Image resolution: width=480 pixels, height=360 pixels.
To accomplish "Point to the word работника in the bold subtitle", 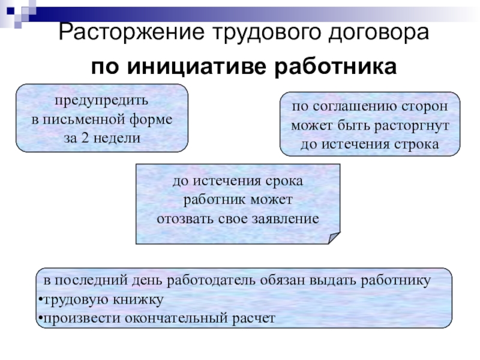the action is pos(336,67).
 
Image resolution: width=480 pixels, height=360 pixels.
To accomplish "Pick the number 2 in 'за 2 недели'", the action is pos(85,137).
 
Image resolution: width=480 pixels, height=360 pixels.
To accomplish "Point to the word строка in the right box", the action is pos(419,145).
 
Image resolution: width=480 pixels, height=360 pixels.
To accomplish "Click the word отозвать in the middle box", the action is pos(180,218).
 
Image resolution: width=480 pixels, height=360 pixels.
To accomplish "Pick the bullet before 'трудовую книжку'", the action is pos(38,299).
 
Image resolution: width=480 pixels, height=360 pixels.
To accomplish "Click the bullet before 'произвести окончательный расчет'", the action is pos(38,319).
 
